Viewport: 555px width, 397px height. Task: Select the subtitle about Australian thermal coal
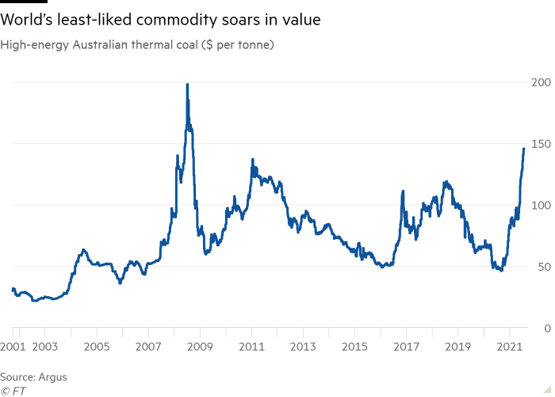click(x=138, y=45)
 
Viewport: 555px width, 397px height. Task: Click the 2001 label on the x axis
click(x=13, y=347)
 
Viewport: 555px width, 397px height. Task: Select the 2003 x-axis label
click(x=44, y=347)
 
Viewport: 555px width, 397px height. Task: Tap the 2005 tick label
click(x=96, y=347)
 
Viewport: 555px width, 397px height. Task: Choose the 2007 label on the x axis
click(x=148, y=347)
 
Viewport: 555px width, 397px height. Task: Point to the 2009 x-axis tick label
click(x=200, y=347)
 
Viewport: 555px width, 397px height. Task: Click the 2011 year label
click(x=251, y=347)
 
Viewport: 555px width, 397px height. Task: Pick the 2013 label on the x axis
click(x=303, y=347)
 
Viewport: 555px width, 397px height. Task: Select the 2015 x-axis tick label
click(x=355, y=347)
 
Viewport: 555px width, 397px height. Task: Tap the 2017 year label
click(x=407, y=347)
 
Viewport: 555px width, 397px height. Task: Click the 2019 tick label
click(x=458, y=347)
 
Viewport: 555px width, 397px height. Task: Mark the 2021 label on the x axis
click(x=510, y=347)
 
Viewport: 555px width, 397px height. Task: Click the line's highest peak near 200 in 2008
click(x=187, y=84)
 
